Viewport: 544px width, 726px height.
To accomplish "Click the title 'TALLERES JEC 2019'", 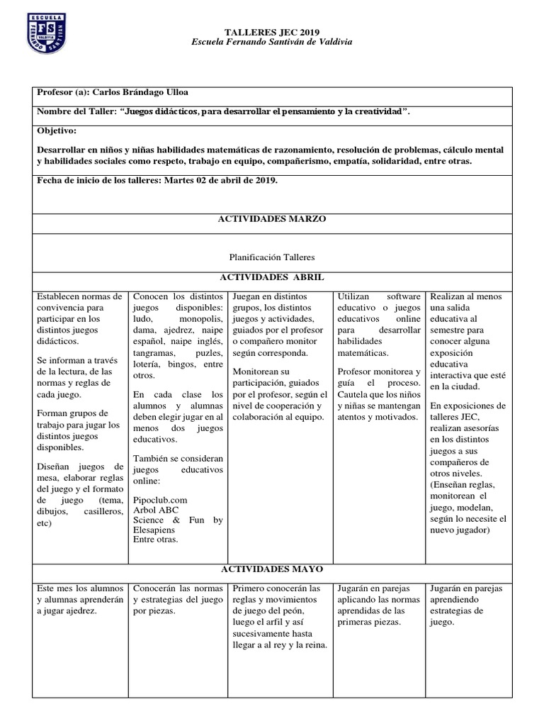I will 272,32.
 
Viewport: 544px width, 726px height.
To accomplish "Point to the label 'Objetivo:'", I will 56,131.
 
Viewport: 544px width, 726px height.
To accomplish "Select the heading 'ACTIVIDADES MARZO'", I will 272,220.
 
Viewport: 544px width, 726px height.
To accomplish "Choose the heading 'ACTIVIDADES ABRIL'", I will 272,277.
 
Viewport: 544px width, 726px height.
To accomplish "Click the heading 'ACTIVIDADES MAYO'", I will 272,569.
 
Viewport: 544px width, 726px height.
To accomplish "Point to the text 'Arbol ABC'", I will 156,510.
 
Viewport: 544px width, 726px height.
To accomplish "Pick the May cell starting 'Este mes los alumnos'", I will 79,599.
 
